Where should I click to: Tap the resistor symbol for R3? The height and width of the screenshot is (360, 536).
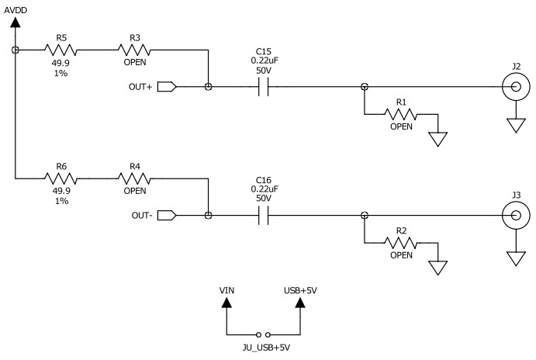[135, 49]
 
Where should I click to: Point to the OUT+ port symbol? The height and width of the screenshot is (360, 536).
[167, 87]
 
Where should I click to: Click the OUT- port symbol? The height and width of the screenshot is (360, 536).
[167, 215]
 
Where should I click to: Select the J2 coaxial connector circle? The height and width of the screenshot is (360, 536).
[512, 87]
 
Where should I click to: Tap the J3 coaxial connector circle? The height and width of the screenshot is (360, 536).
[512, 215]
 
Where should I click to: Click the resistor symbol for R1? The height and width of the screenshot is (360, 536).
[401, 114]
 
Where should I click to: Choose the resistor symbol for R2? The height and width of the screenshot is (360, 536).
[401, 243]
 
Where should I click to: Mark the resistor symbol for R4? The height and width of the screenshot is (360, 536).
[135, 178]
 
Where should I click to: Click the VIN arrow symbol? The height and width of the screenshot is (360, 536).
[227, 305]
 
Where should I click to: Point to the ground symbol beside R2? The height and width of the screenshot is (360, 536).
[438, 268]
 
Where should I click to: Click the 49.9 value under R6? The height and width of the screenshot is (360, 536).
[61, 191]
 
